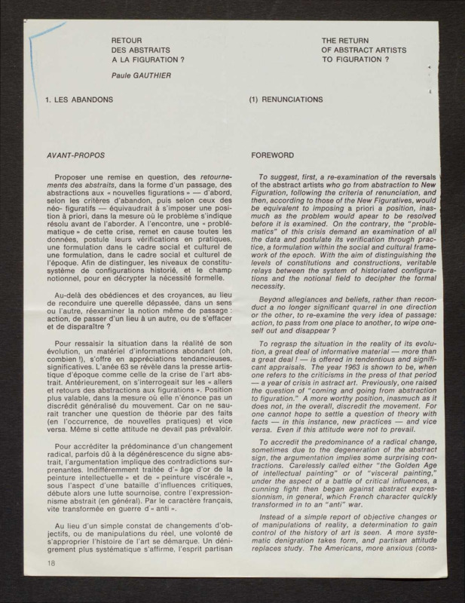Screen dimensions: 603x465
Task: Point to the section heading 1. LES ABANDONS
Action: (x=79, y=99)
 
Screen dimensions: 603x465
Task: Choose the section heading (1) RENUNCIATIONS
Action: (x=286, y=99)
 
